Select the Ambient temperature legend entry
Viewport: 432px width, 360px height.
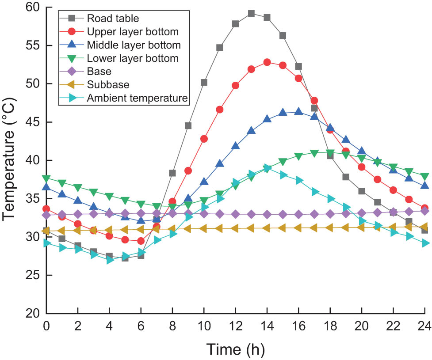click(137, 98)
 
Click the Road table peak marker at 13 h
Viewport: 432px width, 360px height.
click(251, 13)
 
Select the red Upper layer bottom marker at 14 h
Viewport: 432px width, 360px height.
click(267, 62)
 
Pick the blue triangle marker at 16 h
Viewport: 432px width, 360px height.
click(298, 112)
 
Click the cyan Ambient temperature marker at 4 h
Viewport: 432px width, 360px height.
click(110, 260)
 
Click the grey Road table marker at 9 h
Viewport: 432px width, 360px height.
click(188, 126)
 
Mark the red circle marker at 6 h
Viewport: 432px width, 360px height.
click(141, 241)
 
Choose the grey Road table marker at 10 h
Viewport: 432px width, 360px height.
click(204, 83)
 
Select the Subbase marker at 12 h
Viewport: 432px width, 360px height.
click(236, 228)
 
